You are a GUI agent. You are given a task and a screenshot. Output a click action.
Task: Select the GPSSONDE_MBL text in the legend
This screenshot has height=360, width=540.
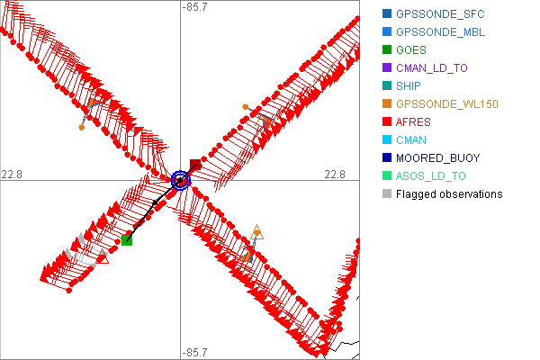point(438,32)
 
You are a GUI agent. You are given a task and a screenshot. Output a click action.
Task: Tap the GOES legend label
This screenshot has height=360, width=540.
point(411,50)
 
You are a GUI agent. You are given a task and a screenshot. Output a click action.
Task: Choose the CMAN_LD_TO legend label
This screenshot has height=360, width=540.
point(432,68)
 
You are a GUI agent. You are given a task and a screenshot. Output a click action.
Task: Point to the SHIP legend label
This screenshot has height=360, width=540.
point(409,86)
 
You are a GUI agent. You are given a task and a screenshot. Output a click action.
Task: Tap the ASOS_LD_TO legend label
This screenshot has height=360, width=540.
point(432,176)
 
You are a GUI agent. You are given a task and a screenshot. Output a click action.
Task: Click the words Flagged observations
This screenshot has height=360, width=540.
point(449,194)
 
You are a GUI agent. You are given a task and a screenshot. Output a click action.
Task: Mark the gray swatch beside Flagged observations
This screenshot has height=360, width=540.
point(387,194)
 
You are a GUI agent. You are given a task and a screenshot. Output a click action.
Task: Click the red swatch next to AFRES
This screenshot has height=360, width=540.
point(387,122)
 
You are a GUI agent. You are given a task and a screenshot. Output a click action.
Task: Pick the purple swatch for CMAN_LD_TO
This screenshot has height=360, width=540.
point(387,68)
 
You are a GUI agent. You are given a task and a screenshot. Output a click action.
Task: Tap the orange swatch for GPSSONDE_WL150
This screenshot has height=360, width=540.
point(387,104)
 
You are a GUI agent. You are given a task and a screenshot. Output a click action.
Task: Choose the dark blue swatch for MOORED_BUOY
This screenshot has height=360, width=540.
point(387,158)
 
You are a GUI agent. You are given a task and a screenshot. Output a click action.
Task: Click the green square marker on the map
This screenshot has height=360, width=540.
point(127,240)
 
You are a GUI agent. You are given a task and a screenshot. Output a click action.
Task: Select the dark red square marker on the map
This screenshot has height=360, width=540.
point(195,165)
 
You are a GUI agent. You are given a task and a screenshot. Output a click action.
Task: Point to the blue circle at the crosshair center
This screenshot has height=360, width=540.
point(181,180)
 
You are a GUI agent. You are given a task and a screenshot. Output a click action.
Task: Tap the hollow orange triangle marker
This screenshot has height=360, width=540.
point(257,231)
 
